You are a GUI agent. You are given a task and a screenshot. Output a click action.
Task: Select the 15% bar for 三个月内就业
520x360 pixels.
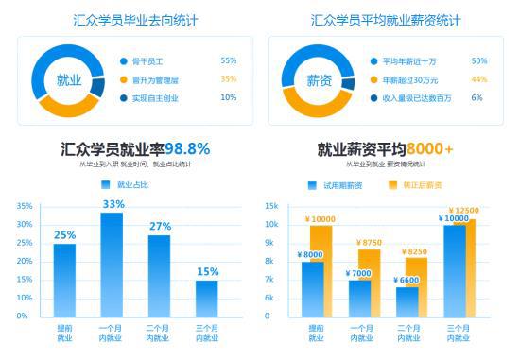point(206,298)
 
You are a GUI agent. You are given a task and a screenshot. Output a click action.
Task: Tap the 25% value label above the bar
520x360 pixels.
point(64,235)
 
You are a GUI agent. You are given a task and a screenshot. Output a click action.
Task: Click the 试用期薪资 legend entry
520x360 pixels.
point(336,185)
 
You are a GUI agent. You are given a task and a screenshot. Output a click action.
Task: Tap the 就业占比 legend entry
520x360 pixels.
point(122,185)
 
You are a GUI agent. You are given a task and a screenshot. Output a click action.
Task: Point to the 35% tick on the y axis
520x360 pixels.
point(24,205)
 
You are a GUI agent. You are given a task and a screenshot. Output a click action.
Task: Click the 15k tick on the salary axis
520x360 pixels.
point(270,205)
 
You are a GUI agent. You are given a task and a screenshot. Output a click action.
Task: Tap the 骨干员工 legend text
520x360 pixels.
point(150,60)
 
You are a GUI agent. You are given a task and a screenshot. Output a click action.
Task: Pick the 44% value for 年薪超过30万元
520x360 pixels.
point(478,79)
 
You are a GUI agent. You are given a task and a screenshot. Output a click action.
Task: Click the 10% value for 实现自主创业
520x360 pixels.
point(228,97)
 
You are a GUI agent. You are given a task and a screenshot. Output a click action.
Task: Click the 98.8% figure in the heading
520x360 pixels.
point(187,148)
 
